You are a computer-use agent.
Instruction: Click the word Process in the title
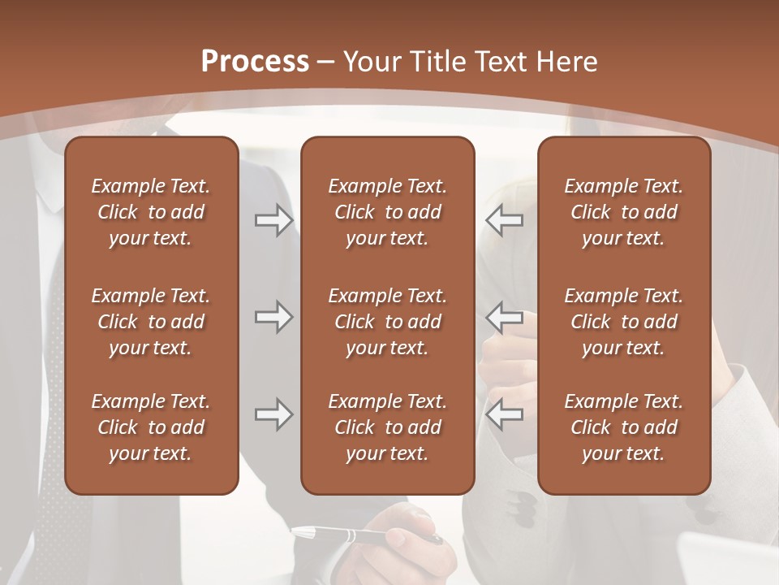click(255, 62)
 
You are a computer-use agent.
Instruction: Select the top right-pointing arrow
click(273, 220)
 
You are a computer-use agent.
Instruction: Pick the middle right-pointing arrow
click(273, 318)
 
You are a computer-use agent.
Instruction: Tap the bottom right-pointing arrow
click(273, 415)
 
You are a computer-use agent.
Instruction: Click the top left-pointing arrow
click(504, 220)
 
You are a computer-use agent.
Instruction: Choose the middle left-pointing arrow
click(504, 318)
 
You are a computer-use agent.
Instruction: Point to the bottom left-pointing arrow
click(504, 415)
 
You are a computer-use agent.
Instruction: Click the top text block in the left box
click(151, 212)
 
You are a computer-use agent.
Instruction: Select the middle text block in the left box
click(151, 322)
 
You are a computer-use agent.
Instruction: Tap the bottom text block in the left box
click(151, 427)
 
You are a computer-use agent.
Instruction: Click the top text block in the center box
click(387, 212)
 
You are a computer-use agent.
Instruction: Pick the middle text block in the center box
click(387, 322)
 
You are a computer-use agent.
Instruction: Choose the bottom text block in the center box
click(387, 427)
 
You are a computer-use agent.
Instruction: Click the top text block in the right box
click(623, 212)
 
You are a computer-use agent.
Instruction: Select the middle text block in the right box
click(623, 322)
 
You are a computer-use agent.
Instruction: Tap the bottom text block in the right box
click(623, 427)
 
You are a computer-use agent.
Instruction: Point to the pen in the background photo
click(341, 535)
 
